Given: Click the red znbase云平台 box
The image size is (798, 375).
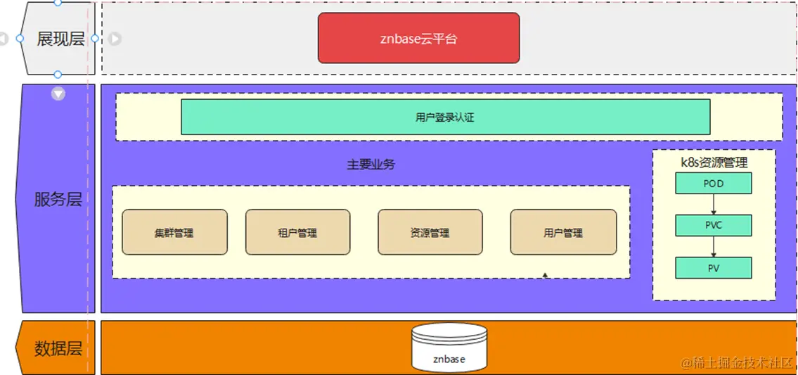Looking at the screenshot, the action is click(x=418, y=38).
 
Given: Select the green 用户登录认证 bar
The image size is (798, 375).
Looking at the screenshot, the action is click(x=445, y=117).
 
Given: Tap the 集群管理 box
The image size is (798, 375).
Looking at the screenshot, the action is click(x=174, y=232).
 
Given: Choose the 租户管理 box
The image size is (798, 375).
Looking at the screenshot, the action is click(x=297, y=232).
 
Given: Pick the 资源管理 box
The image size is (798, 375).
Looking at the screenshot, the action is click(x=430, y=232).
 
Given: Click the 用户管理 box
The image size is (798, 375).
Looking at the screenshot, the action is click(x=563, y=232).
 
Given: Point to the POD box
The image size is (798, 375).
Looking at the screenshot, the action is click(x=713, y=184).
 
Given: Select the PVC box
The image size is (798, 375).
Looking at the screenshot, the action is click(x=713, y=225).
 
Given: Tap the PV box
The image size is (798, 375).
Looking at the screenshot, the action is click(x=713, y=267).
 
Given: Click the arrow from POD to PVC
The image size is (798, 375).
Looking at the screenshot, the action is click(x=713, y=204).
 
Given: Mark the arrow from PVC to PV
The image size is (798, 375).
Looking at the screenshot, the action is click(x=713, y=246).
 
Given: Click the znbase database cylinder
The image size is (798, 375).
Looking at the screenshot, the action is click(x=449, y=347).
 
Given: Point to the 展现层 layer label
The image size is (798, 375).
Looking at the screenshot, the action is click(x=60, y=39).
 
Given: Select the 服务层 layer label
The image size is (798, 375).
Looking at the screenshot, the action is click(x=58, y=199).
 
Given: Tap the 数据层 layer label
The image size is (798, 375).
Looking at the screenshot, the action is click(x=58, y=348).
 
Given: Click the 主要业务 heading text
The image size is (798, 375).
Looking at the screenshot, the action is click(x=371, y=165).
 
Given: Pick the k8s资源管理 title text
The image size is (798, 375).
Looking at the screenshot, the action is click(x=714, y=163).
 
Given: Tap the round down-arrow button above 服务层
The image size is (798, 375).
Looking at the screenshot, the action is click(x=58, y=93).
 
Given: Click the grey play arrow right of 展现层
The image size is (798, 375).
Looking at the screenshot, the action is click(x=115, y=39).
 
